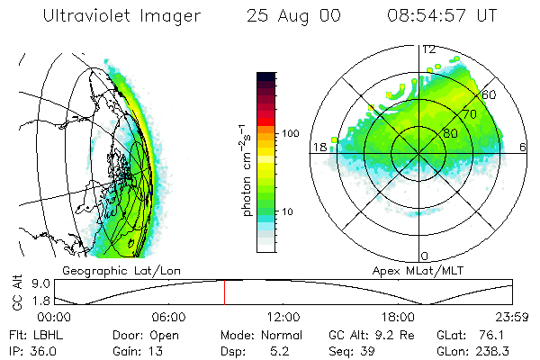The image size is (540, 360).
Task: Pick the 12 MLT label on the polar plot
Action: [x=428, y=49]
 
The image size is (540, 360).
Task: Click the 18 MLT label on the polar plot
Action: [x=319, y=147]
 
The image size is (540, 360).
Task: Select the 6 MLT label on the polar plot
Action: [x=524, y=147]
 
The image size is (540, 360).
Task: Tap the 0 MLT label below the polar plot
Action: [x=425, y=256]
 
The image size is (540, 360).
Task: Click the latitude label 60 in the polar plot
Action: [x=490, y=94]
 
